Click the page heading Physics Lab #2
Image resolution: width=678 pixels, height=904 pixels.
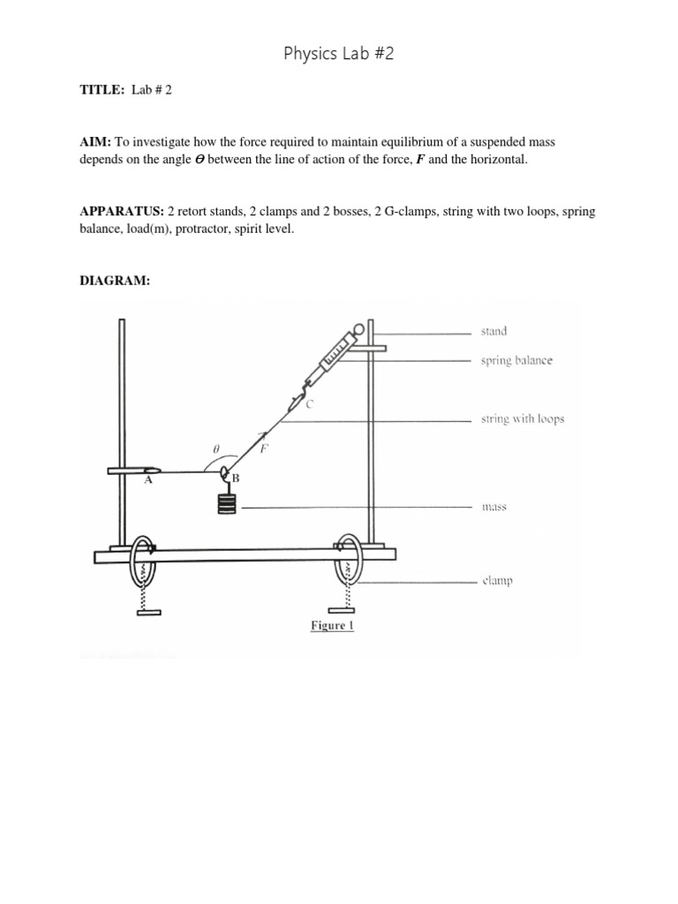(338, 54)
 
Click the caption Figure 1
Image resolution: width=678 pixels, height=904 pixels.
(331, 626)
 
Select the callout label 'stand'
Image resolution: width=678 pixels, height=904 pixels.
(493, 332)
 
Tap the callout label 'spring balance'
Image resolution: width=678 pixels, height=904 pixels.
(516, 361)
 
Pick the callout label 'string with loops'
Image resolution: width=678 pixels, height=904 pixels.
(523, 419)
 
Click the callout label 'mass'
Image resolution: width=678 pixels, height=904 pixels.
(493, 508)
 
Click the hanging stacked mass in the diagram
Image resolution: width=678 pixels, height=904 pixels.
(227, 505)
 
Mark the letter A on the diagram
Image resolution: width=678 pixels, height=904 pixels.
(147, 482)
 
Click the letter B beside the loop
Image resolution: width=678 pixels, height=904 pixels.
(236, 478)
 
